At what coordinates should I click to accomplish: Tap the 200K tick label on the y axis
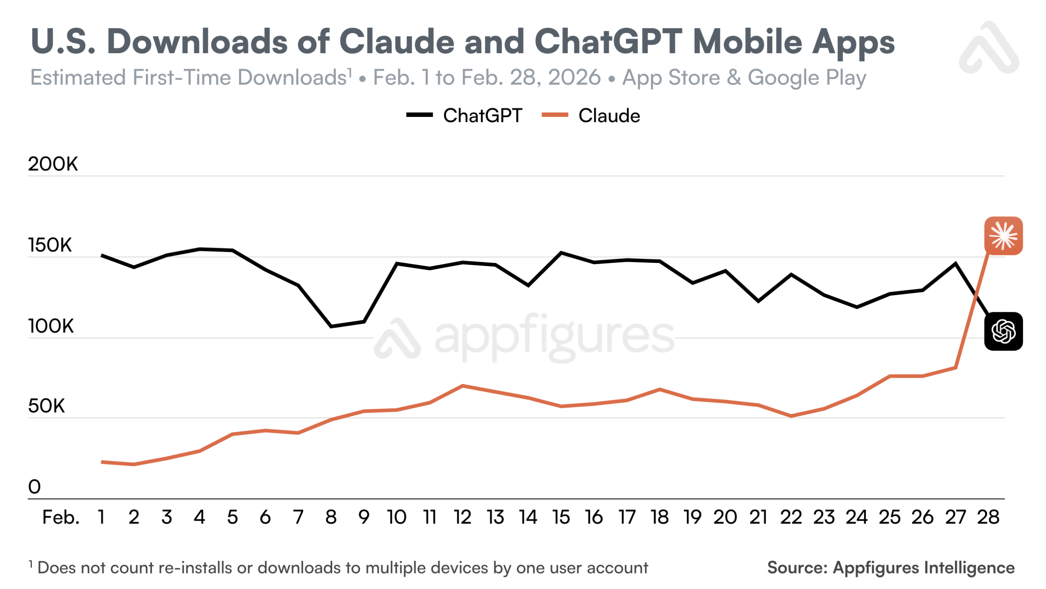coord(53,164)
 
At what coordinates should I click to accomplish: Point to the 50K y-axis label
coord(46,406)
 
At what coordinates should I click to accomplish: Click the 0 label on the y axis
coord(34,486)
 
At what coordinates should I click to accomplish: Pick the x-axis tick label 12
coord(462,517)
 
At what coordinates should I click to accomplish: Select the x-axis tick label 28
coord(988,517)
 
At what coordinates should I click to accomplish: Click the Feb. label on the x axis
coord(61,517)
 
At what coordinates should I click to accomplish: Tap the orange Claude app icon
coord(1003,236)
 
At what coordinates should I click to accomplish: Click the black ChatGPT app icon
coord(1003,331)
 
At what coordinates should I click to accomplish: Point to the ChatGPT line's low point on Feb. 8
coord(331,326)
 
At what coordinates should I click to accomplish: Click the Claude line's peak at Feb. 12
coord(462,385)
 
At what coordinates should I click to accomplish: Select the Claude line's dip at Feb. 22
coord(791,416)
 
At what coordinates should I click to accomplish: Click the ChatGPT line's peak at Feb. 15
coord(561,253)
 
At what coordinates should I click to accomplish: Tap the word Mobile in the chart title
coord(748,42)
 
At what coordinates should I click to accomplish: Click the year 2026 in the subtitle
coord(574,77)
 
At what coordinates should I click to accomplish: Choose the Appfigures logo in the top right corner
coord(989,48)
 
